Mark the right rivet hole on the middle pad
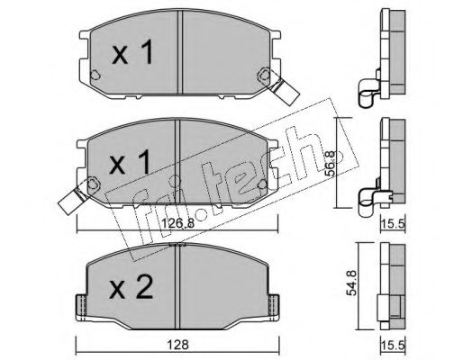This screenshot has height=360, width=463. click(262, 184)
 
